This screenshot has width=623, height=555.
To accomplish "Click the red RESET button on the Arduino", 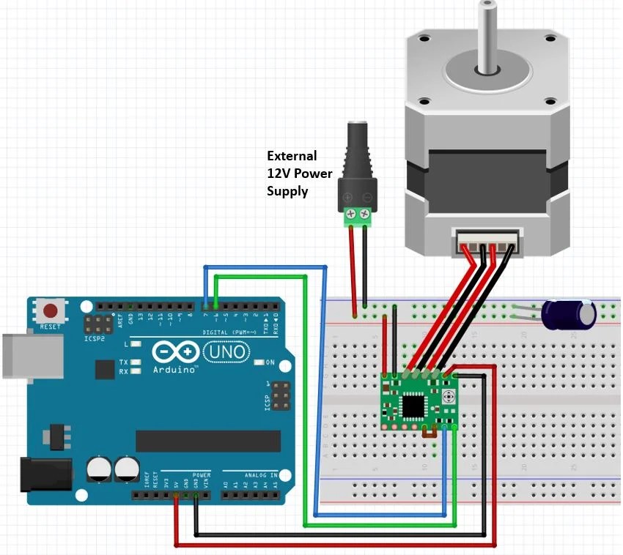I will [50, 310].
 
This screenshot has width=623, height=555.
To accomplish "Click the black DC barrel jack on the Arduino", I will [44, 474].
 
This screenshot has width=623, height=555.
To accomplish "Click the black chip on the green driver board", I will [415, 403].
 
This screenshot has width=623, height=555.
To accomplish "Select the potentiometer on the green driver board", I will [449, 398].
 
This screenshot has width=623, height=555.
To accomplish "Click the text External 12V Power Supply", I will [299, 174].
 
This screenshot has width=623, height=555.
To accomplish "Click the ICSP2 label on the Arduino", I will [95, 340].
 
